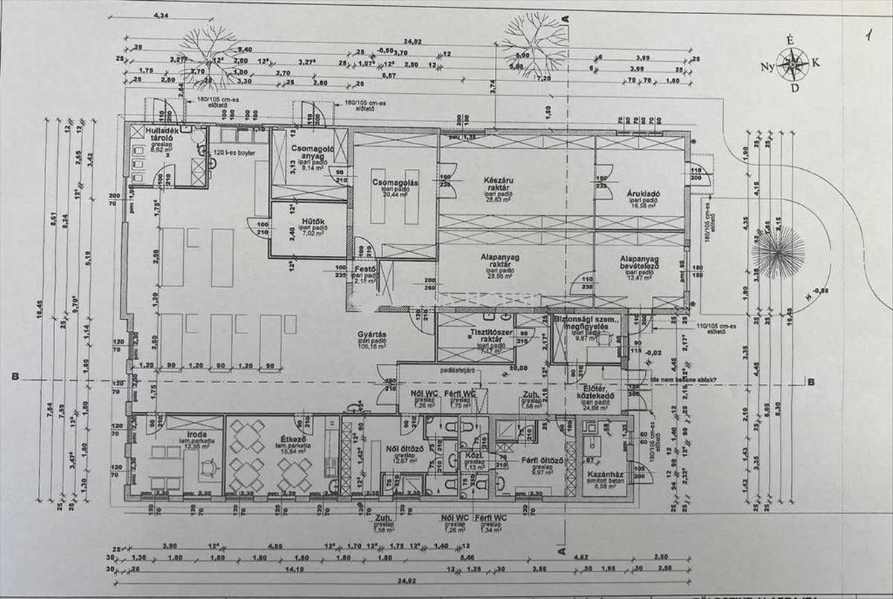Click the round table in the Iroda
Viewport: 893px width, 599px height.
click(x=209, y=467)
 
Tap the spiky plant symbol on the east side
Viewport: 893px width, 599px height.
click(x=778, y=253)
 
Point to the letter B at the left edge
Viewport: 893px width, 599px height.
click(x=15, y=377)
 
